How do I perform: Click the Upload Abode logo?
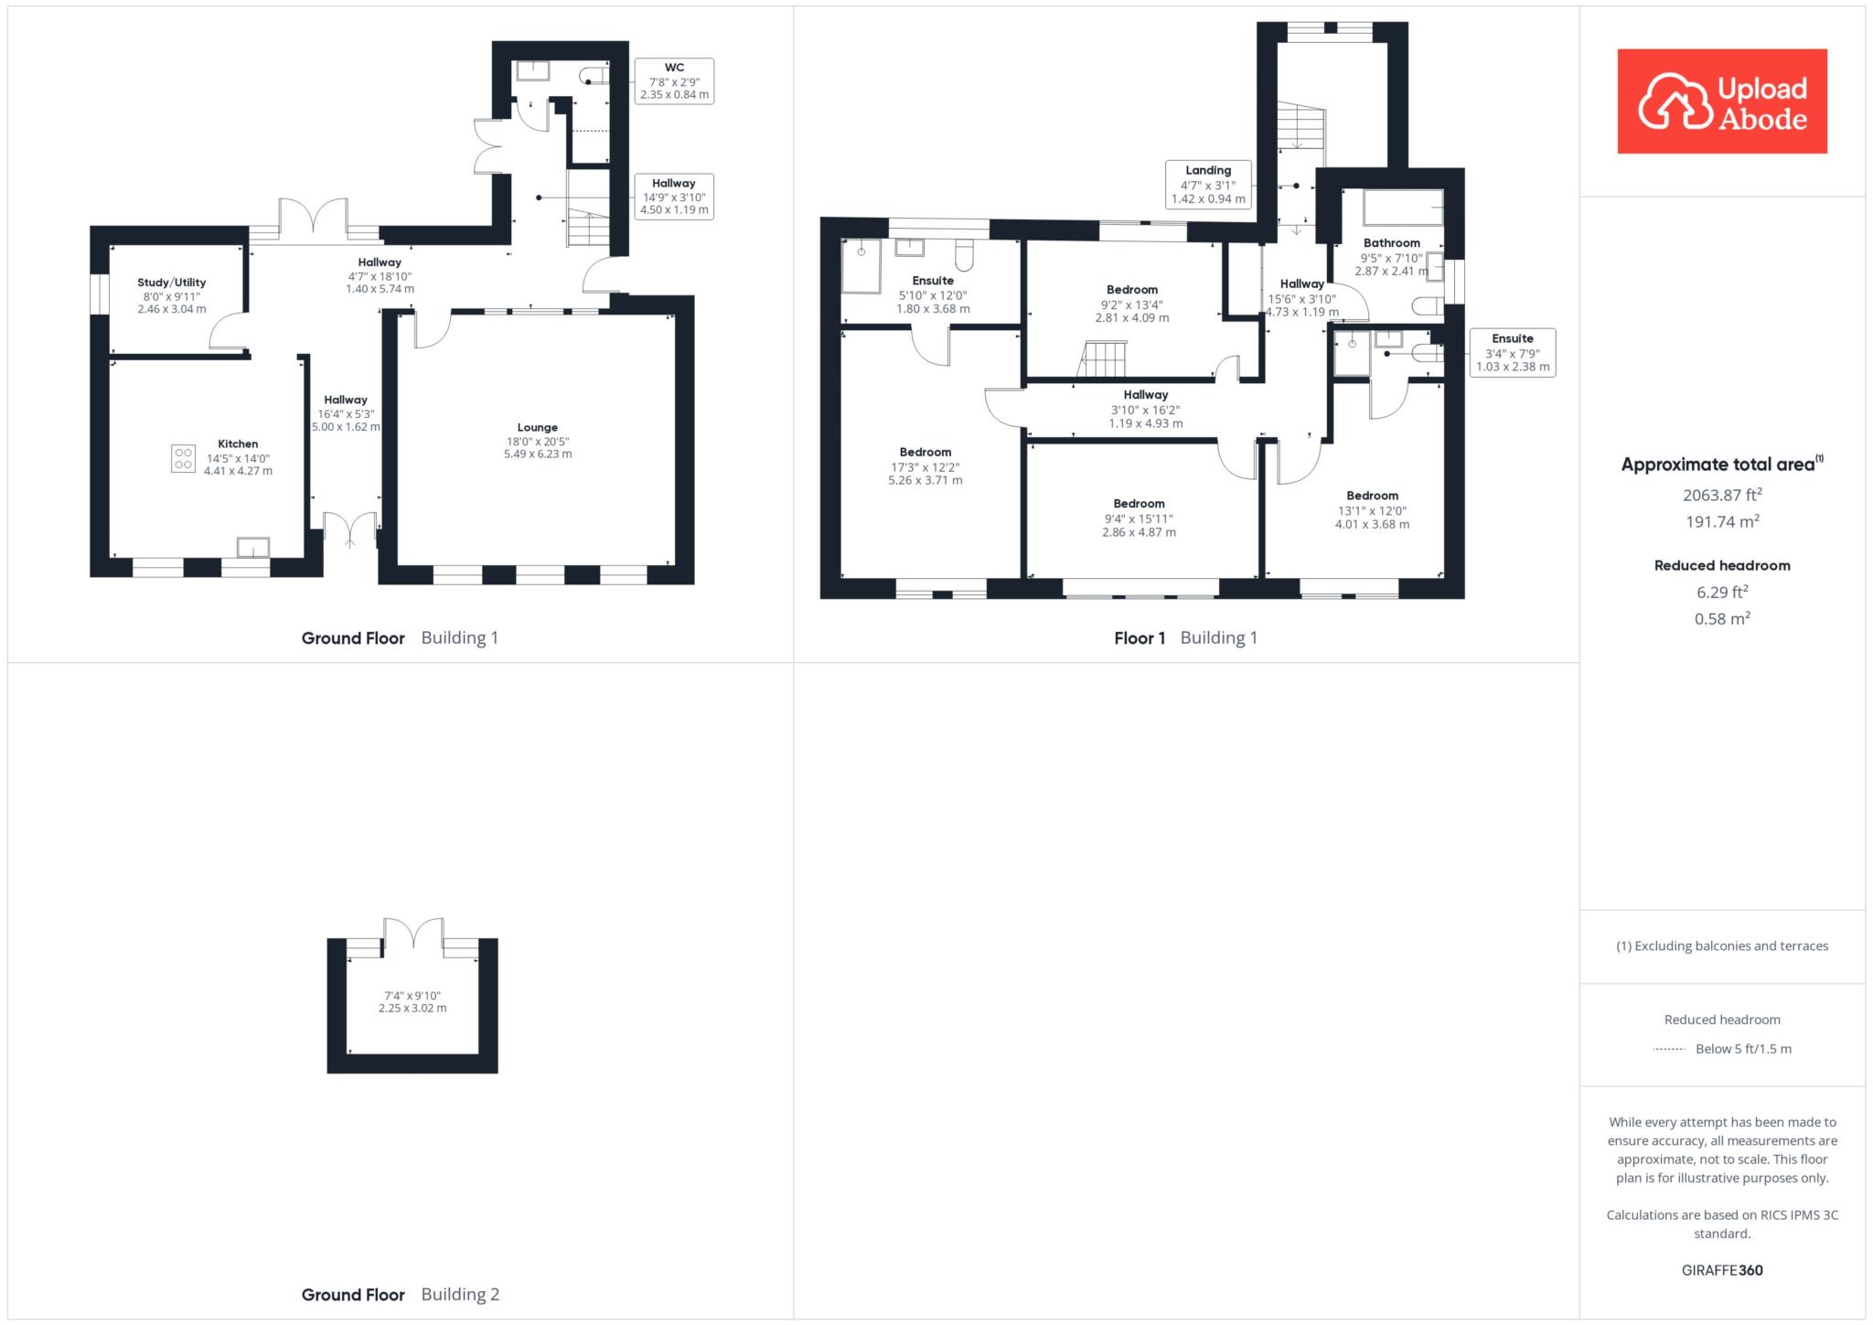1722,101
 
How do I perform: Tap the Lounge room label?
538,440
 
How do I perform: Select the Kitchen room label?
238,457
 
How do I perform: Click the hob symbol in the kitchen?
183,458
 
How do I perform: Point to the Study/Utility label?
172,295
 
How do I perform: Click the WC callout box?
674,80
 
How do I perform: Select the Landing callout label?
1208,184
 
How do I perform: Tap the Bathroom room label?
1391,257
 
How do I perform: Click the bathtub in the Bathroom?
1403,208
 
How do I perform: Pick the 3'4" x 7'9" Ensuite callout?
1513,352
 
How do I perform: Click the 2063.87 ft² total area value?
1722,495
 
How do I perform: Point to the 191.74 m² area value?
1722,521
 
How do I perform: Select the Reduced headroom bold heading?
1722,565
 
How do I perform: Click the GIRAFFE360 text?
1722,1270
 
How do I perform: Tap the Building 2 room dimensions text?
412,1001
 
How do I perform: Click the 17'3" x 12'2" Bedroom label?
926,465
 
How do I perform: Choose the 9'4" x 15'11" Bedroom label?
1140,518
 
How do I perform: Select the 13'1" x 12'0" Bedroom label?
1372,510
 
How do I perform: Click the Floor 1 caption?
1140,638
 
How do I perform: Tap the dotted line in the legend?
1669,1049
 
